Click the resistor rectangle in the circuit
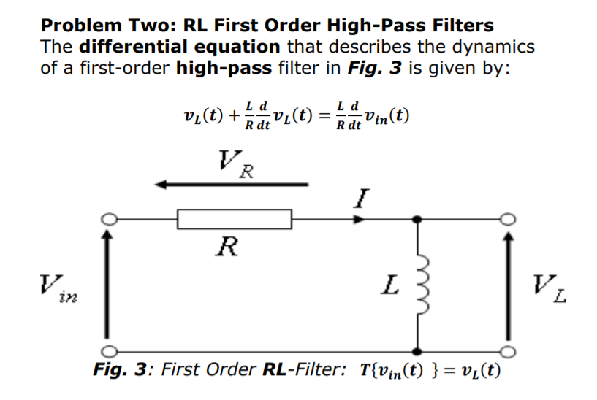[234, 218]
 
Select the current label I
[365, 196]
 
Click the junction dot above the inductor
[417, 218]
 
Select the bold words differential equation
[179, 47]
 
